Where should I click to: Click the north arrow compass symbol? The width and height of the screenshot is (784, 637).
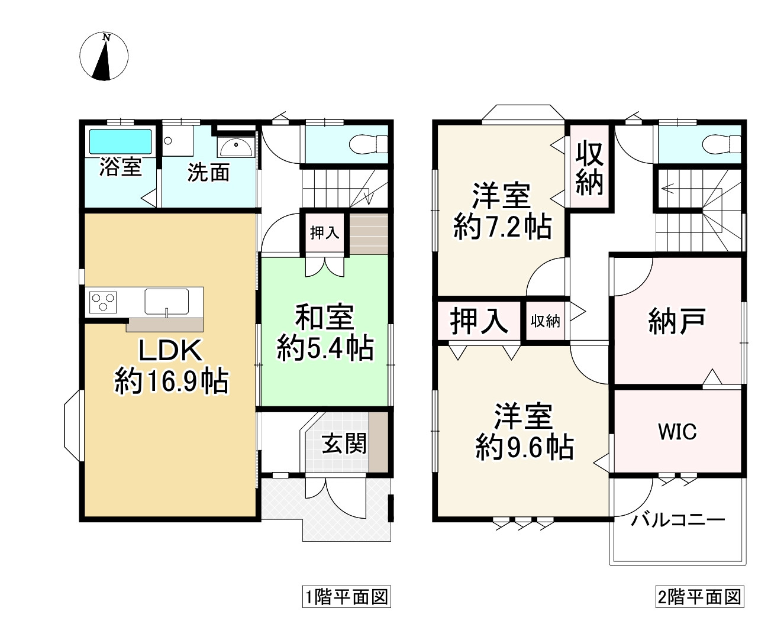point(104,57)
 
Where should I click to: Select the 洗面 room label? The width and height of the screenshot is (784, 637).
point(208,172)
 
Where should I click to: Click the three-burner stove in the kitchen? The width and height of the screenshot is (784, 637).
point(103,301)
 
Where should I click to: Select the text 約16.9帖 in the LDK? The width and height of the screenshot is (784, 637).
point(171,381)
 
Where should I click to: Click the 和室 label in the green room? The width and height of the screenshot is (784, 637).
point(325,318)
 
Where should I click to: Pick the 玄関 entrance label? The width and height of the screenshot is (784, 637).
point(344,443)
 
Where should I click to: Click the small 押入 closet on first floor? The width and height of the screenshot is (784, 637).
point(324,232)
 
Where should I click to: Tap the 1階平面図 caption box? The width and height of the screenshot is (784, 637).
point(346,597)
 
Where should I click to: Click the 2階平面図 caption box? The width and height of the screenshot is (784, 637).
point(699,597)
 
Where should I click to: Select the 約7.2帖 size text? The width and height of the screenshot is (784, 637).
point(502,227)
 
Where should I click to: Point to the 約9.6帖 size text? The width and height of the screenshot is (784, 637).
point(524,448)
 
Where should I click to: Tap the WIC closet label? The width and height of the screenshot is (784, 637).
point(677,432)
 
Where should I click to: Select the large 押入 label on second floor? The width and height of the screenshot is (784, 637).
point(479,321)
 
